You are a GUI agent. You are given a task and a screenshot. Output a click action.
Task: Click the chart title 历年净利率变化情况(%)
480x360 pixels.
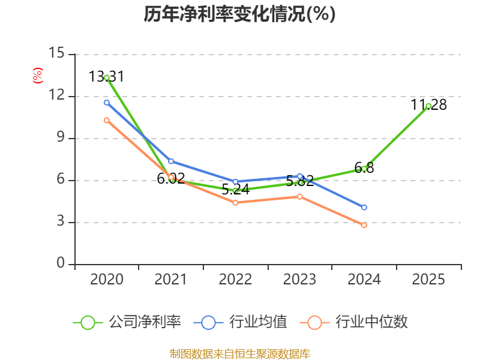click(239, 14)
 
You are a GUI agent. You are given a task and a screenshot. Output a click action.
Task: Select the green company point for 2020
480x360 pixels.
click(107, 77)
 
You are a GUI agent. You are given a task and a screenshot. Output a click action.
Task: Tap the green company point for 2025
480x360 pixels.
click(428, 106)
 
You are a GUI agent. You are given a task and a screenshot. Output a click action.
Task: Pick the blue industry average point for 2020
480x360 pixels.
click(107, 103)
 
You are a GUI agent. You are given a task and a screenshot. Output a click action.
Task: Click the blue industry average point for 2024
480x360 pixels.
click(364, 208)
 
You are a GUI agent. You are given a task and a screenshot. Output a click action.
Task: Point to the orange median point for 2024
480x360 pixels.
click(364, 225)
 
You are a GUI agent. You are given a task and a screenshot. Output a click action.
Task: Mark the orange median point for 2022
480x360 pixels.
click(235, 203)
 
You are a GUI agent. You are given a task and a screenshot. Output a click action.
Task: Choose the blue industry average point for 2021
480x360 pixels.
click(171, 161)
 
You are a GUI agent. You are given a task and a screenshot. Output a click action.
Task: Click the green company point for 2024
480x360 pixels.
click(364, 169)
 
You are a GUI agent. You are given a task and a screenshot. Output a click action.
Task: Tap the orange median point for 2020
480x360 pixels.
click(107, 120)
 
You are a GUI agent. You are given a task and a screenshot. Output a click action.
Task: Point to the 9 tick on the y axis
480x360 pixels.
click(61, 138)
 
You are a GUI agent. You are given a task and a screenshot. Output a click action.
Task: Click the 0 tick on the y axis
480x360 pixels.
click(61, 264)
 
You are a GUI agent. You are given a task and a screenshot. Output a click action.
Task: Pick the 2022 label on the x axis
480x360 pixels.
click(235, 280)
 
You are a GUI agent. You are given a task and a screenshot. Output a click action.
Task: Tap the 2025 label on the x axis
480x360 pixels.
click(428, 280)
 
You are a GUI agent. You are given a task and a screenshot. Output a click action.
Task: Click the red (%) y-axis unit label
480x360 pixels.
click(38, 76)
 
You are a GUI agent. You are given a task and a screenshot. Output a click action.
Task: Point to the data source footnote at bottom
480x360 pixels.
click(239, 353)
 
